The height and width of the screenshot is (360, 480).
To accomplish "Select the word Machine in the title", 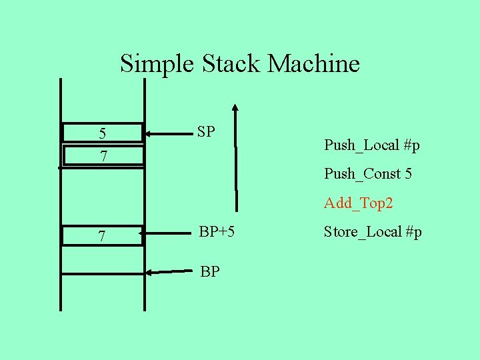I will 313,64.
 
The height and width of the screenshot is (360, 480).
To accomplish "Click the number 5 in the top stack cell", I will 102,133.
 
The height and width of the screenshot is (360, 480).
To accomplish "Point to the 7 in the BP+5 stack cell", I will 102,237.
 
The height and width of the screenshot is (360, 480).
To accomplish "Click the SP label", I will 206,131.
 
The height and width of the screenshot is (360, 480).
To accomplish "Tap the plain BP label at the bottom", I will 210,272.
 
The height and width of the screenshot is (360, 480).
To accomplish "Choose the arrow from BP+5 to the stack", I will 167,234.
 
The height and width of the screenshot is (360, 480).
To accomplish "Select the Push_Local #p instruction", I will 371,145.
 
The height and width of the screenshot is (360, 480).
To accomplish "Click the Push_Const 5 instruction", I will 367,174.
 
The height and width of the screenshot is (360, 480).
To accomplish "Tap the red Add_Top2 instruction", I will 358,203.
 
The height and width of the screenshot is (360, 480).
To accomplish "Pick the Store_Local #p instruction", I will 373,232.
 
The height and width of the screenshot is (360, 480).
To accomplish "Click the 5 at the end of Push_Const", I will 407,174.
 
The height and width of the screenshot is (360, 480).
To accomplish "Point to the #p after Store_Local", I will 413,232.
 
